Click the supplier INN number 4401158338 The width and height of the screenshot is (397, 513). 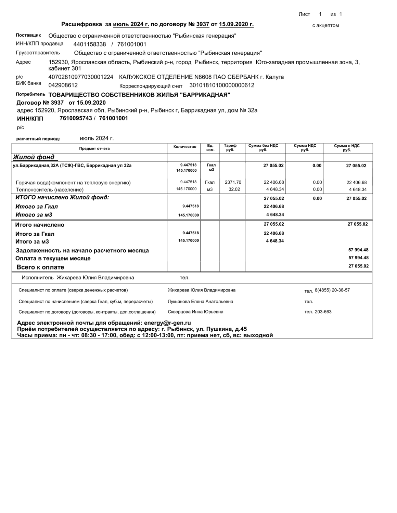tap(90, 44)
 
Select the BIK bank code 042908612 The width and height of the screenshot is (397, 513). tap(63, 85)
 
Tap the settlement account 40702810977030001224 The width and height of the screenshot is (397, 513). tap(81, 77)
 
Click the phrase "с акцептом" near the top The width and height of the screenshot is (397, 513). tap(325, 26)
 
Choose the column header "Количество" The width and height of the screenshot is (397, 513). tap(185, 147)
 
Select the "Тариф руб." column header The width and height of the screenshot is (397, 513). tap(230, 148)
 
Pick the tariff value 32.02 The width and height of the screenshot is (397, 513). tap(234, 189)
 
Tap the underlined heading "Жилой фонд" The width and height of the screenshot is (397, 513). tap(34, 157)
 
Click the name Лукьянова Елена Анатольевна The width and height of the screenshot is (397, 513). tap(201, 302)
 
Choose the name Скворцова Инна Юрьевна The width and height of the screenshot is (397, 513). tap(195, 312)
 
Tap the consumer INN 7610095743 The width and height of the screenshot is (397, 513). tap(76, 118)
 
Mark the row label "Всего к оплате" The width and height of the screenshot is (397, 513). tap(40, 267)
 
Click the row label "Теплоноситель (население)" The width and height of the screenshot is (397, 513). tap(50, 190)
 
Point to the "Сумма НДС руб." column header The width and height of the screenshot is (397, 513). tap(305, 148)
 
